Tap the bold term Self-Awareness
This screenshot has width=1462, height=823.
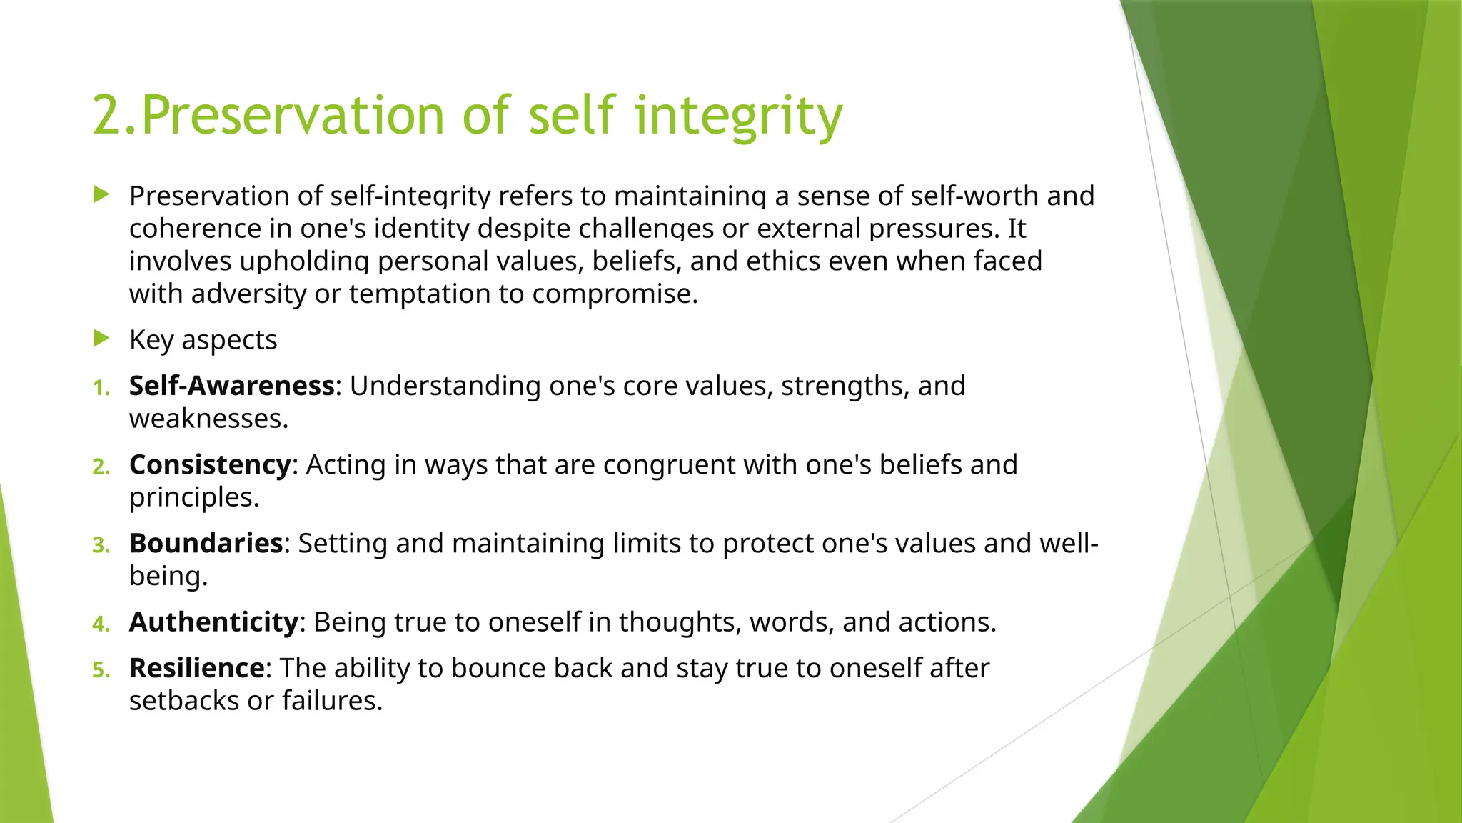point(231,386)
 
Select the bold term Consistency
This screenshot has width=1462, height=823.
point(210,465)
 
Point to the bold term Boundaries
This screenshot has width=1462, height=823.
point(206,544)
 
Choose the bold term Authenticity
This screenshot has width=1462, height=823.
point(213,622)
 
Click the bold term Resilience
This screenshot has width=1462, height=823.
point(197,669)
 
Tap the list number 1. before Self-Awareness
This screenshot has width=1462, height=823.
point(101,389)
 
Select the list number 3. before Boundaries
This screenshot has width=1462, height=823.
point(101,546)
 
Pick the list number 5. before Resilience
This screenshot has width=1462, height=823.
point(101,671)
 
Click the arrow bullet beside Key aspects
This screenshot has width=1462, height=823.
point(101,339)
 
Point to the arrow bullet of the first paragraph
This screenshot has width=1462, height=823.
point(101,194)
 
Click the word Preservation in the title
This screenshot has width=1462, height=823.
point(293,116)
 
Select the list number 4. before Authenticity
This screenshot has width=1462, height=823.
point(101,624)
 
